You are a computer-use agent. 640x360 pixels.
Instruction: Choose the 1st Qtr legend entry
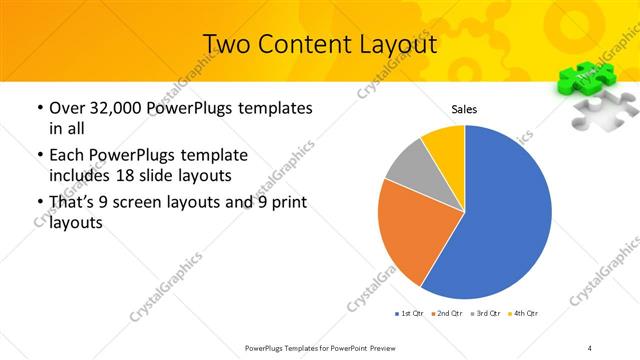click(410, 314)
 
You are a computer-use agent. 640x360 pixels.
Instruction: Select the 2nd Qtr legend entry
click(447, 314)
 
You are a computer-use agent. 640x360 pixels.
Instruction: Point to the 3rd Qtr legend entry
click(485, 314)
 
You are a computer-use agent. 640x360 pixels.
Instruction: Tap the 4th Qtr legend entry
click(523, 314)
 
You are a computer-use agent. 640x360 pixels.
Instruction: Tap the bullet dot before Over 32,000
click(38, 108)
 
